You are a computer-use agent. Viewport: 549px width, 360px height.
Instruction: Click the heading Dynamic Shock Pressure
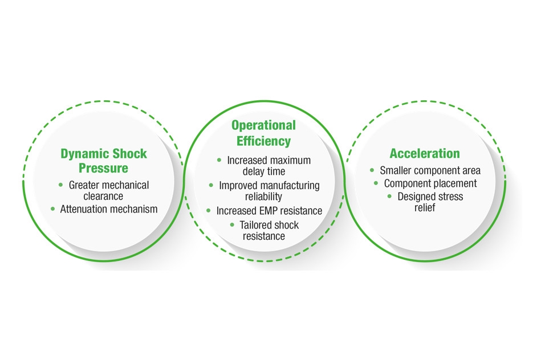[x=103, y=161]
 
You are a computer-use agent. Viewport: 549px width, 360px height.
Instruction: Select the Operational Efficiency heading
[x=263, y=133]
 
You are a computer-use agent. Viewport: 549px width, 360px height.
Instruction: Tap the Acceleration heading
[x=424, y=153]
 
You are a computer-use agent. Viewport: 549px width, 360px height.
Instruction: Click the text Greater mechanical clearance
[x=108, y=191]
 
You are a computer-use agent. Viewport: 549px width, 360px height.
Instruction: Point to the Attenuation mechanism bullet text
[x=108, y=209]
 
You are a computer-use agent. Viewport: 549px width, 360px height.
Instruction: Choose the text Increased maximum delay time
[x=269, y=166]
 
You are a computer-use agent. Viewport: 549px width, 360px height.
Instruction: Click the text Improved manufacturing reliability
[x=269, y=191]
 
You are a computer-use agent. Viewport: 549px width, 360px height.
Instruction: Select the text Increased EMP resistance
[x=269, y=211]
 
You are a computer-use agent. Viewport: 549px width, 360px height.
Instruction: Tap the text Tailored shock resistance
[x=269, y=230]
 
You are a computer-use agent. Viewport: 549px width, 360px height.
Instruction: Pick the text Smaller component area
[x=430, y=170]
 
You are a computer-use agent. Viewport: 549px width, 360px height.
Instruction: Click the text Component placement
[x=430, y=183]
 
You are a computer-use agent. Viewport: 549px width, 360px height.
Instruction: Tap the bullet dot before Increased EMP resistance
[x=209, y=211]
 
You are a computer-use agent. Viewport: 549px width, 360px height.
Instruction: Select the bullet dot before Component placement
[x=376, y=183]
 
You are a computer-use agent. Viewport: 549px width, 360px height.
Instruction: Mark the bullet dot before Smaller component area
[x=372, y=170]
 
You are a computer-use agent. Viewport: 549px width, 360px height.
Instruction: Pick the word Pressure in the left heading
[x=103, y=168]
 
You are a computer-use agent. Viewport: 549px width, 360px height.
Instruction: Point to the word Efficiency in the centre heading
[x=263, y=141]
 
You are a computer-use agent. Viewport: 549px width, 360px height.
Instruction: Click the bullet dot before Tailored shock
[x=232, y=225]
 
